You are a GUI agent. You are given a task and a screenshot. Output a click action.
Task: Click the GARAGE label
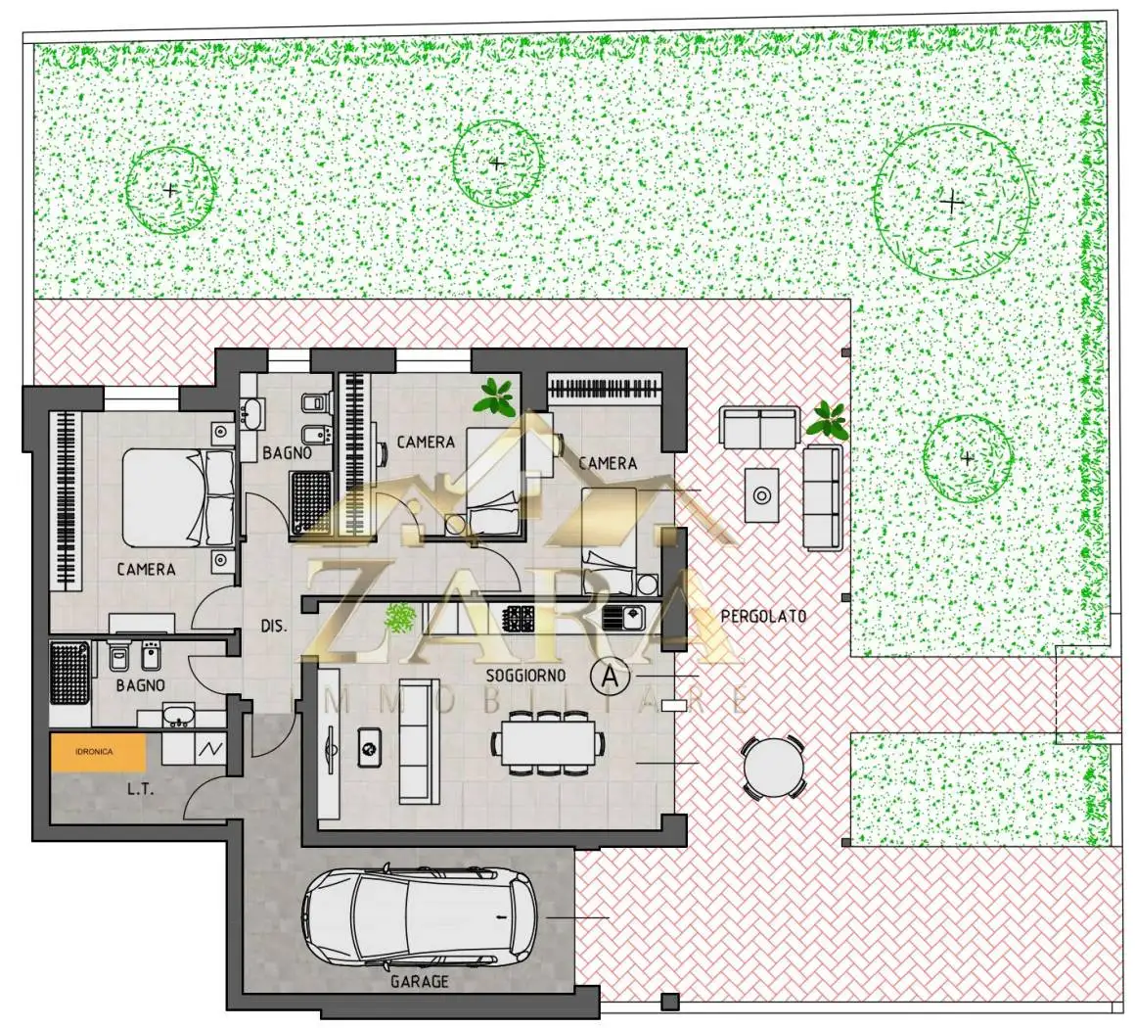point(419,982)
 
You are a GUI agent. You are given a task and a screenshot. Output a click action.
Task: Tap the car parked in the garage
point(420,916)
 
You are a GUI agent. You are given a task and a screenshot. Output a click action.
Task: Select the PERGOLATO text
point(763,617)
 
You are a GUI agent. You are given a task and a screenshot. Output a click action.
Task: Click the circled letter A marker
point(611,677)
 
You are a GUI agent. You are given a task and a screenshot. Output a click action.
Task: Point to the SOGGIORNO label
point(525,676)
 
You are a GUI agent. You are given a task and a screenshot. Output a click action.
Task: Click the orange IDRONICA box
point(98,752)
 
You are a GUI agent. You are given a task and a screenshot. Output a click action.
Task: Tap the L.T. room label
point(141,789)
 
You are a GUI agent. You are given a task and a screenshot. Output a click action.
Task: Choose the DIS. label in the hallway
point(274,626)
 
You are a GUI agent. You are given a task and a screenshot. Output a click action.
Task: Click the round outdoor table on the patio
point(773,768)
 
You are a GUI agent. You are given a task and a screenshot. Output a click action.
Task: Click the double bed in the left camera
point(178,497)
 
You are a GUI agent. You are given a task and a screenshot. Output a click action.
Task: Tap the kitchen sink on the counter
point(623,618)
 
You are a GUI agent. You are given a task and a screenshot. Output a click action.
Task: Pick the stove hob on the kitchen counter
point(519,619)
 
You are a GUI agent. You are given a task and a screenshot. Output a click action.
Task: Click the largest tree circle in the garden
point(952,202)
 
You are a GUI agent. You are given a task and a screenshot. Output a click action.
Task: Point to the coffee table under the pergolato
point(761,494)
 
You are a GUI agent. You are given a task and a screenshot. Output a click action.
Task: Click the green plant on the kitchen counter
point(399,618)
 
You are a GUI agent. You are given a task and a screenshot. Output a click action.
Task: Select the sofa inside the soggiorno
point(419,741)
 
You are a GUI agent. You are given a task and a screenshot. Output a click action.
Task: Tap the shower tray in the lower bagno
point(69,673)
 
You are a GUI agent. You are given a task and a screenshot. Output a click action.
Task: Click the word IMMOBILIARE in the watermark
point(519,701)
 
